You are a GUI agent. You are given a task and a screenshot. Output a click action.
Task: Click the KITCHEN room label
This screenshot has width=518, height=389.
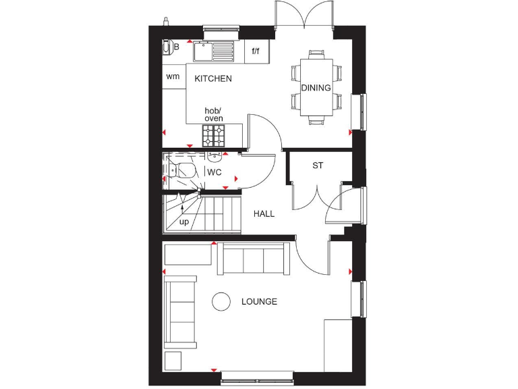[x=213, y=78]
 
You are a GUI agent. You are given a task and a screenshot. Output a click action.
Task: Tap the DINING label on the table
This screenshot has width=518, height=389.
[x=316, y=88]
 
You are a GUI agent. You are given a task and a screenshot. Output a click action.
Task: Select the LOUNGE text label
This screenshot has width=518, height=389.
[x=259, y=302]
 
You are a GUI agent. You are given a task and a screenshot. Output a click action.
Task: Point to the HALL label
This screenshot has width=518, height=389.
[x=264, y=213]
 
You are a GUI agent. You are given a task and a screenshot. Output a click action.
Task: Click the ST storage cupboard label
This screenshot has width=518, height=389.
[x=317, y=165]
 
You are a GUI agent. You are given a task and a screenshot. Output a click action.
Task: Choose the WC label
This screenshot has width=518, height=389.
[x=214, y=173]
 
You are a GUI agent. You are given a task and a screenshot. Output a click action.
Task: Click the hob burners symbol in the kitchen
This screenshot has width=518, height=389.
[x=214, y=136]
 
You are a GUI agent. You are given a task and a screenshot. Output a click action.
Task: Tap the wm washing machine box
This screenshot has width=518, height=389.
[x=173, y=76]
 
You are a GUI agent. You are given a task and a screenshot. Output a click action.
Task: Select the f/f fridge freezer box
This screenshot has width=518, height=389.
[x=256, y=51]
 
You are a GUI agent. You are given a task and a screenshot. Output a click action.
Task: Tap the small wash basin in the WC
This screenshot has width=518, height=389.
[x=214, y=158]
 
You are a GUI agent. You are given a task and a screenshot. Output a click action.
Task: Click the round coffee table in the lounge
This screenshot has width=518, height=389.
[x=222, y=302]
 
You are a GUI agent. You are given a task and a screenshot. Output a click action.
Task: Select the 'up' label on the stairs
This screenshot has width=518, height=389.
[x=183, y=222]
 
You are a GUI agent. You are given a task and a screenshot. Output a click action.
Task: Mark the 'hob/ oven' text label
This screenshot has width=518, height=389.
[x=214, y=115]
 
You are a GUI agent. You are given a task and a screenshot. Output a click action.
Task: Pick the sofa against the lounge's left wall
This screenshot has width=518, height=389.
[x=181, y=311]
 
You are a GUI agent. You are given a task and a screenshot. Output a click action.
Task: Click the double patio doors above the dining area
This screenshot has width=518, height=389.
[x=305, y=15]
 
